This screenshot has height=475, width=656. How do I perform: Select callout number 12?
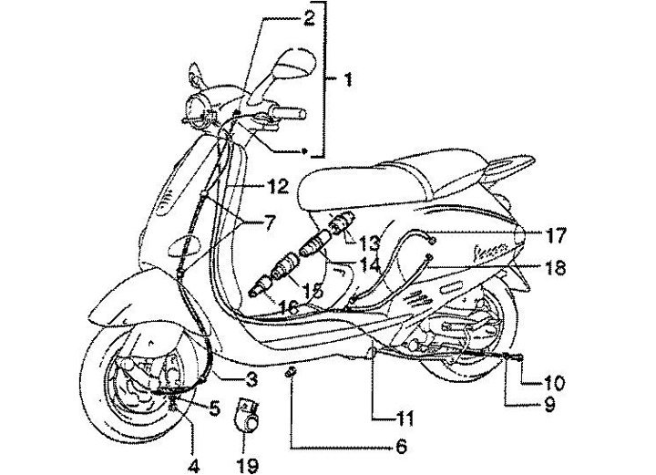coord(278,187)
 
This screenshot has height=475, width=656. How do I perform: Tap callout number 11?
coord(405,419)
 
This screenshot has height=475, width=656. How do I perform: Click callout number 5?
coord(215,408)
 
